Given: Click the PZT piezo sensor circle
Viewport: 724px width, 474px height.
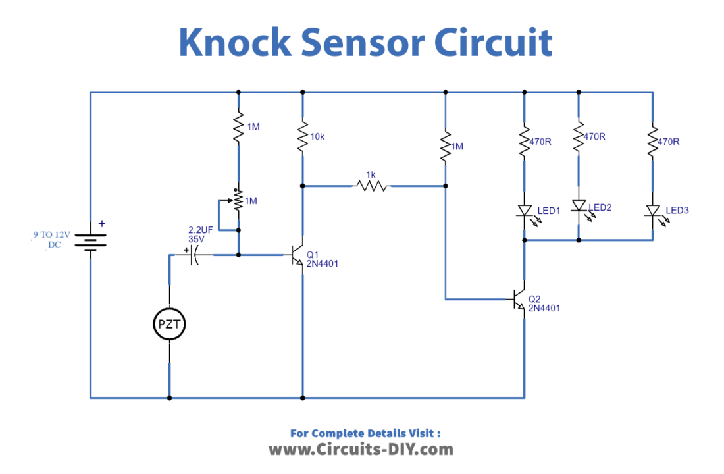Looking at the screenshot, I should pyautogui.click(x=170, y=324).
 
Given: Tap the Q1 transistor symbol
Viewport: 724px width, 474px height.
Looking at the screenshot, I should pyautogui.click(x=297, y=255).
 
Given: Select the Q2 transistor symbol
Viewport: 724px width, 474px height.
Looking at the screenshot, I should pyautogui.click(x=519, y=300).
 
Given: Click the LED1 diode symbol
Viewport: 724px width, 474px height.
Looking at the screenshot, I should pyautogui.click(x=525, y=211).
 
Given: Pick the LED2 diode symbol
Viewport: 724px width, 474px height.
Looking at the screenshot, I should pyautogui.click(x=579, y=207).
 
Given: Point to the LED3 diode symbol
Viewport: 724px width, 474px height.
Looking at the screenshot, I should pyautogui.click(x=652, y=211).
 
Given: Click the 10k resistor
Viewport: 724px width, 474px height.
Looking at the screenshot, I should pyautogui.click(x=302, y=137).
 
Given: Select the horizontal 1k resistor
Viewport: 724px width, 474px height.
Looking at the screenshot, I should pyautogui.click(x=372, y=186).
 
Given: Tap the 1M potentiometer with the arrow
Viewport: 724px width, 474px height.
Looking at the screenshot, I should pyautogui.click(x=238, y=199).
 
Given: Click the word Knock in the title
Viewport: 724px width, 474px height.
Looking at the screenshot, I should pyautogui.click(x=234, y=43).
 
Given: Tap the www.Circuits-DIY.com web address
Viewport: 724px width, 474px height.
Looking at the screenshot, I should pyautogui.click(x=361, y=450).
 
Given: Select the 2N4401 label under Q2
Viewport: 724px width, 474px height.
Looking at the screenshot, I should pyautogui.click(x=544, y=308).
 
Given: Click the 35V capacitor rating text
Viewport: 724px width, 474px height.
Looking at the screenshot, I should pyautogui.click(x=196, y=240).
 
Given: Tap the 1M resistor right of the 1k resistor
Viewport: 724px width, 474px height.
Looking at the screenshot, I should pyautogui.click(x=446, y=145).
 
